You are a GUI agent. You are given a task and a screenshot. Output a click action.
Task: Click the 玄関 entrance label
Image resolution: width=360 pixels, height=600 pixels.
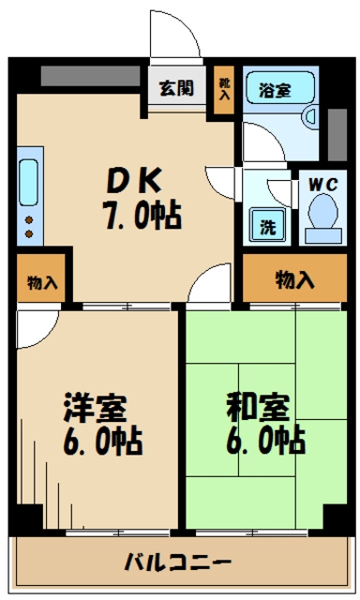(x=175, y=89)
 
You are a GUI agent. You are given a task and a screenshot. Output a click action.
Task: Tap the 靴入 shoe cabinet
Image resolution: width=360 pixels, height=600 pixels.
(x=224, y=90)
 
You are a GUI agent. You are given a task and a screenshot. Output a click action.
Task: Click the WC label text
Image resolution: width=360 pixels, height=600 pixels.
(x=323, y=183)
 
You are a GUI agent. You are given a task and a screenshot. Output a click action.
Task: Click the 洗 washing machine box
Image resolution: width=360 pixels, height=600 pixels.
(x=265, y=225)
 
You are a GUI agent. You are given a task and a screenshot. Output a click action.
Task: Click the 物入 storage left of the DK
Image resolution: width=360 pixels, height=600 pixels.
(x=41, y=280)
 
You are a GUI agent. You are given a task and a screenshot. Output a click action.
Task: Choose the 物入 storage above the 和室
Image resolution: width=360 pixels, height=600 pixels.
(x=293, y=279)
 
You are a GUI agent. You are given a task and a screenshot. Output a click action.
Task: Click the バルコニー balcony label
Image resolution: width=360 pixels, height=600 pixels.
(x=178, y=563)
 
